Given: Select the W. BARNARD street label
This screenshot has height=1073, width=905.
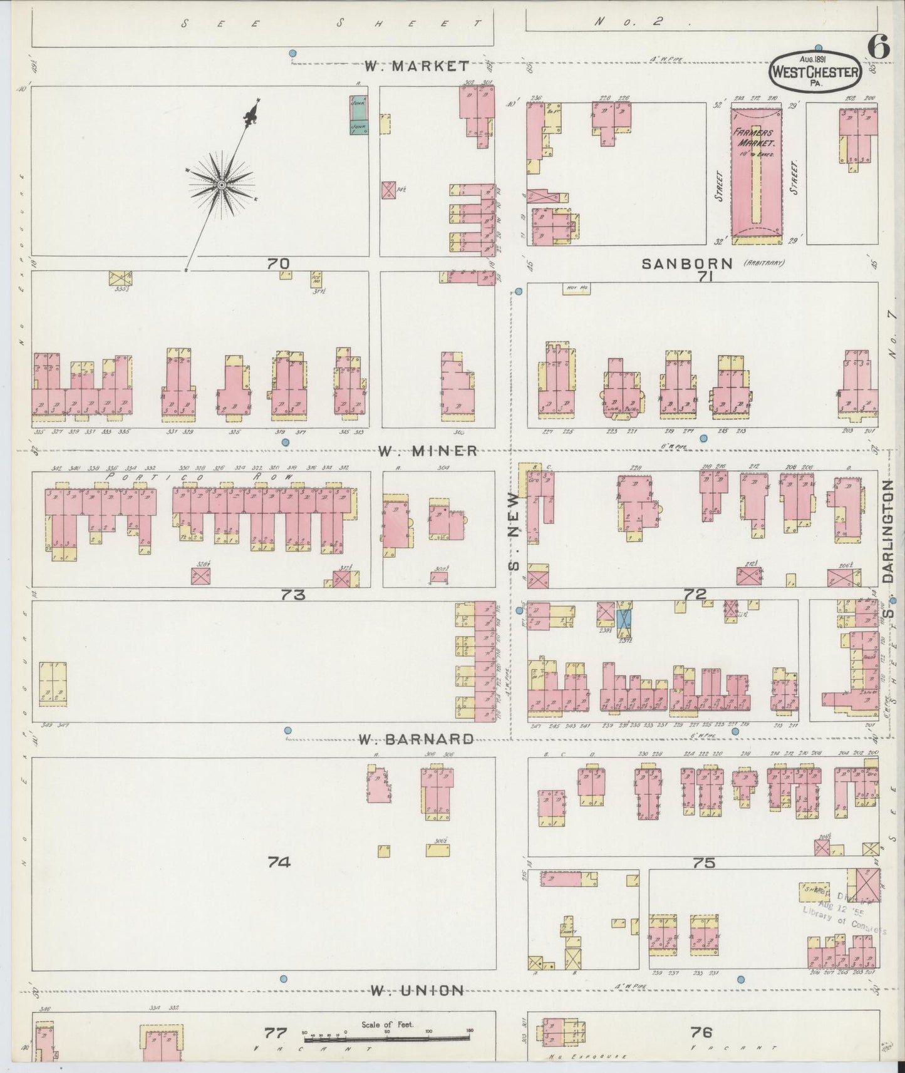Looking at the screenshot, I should click(416, 739).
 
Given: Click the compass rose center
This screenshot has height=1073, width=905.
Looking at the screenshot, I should click(221, 185).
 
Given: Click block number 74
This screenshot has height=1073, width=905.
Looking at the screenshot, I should click(279, 863).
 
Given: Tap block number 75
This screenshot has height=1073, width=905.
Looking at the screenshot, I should click(703, 863).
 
